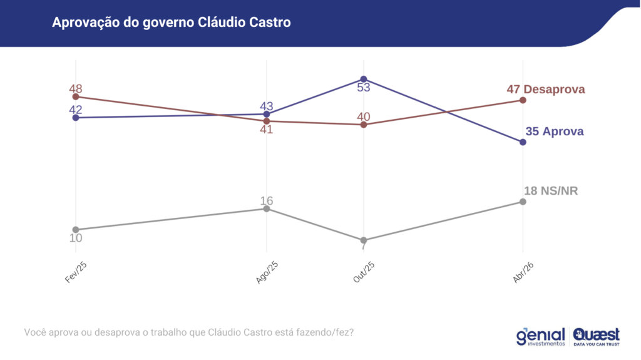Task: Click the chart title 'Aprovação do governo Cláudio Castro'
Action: pos(172,23)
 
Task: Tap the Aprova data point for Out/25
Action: pos(364,79)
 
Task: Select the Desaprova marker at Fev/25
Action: pos(76,96)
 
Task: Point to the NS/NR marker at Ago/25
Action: pos(267,208)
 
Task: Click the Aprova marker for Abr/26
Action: pos(523,142)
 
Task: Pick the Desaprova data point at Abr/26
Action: pos(523,100)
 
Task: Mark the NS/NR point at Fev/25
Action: pos(76,230)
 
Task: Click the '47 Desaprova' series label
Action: pos(546,89)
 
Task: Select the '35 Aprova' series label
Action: pos(554,131)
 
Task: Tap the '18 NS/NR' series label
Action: pos(551,190)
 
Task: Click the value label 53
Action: pos(364,88)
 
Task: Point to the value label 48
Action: pos(76,88)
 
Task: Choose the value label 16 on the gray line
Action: pos(267,200)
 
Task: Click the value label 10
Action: pos(76,238)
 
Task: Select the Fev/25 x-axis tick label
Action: pos(76,273)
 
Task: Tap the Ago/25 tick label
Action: pos(267,273)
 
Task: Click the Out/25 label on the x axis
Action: pos(364,273)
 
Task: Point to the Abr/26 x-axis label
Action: pos(524,273)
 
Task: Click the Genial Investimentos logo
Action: pos(540,336)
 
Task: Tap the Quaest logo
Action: pos(596,336)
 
